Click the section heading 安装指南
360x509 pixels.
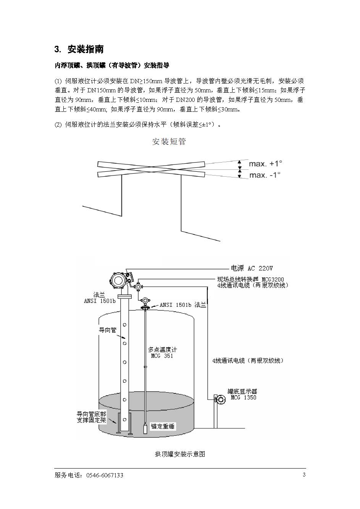[86, 49]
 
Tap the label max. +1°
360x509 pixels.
[265, 164]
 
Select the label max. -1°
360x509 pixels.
[265, 175]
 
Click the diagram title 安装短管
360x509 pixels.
[169, 142]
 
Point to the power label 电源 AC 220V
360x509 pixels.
[252, 268]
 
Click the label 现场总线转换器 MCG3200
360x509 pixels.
[250, 279]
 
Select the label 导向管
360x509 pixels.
[108, 330]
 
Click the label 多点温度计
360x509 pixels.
[162, 350]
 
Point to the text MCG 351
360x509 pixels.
[162, 356]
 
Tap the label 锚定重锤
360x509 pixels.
[163, 426]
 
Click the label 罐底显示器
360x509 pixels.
[242, 391]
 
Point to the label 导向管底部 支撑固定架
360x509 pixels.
[91, 417]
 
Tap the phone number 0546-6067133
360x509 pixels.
[105, 475]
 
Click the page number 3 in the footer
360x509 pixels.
[304, 475]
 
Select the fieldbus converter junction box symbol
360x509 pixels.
[138, 287]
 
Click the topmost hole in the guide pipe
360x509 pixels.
[124, 325]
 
